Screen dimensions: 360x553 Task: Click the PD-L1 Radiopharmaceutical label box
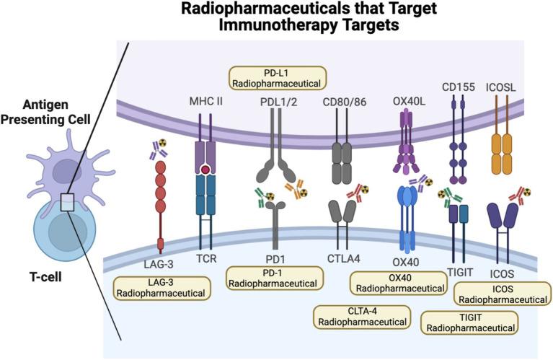click(x=277, y=78)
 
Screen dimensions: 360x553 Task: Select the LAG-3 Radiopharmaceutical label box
click(x=162, y=287)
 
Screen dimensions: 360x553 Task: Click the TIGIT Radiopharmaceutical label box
click(x=469, y=322)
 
